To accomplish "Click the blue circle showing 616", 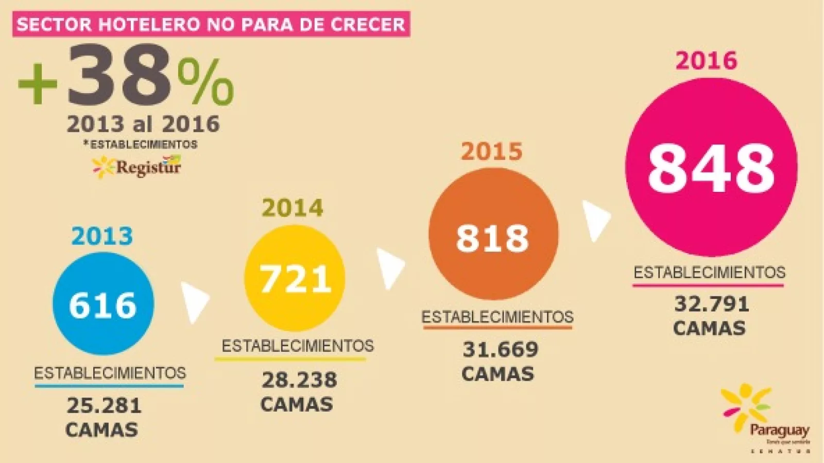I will (103, 304).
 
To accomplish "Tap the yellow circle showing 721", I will (295, 278).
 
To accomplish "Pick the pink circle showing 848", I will (711, 167).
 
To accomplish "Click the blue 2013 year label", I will (102, 236).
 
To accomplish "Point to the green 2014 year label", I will (293, 208).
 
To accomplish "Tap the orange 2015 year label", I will (491, 151).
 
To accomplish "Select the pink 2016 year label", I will (706, 61).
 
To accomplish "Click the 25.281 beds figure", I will (104, 405).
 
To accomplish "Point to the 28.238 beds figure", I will (299, 380).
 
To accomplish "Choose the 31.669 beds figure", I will (500, 349).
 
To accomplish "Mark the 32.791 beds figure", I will (711, 304).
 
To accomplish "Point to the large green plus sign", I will (38, 84).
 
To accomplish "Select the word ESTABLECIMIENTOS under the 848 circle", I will (709, 272).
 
